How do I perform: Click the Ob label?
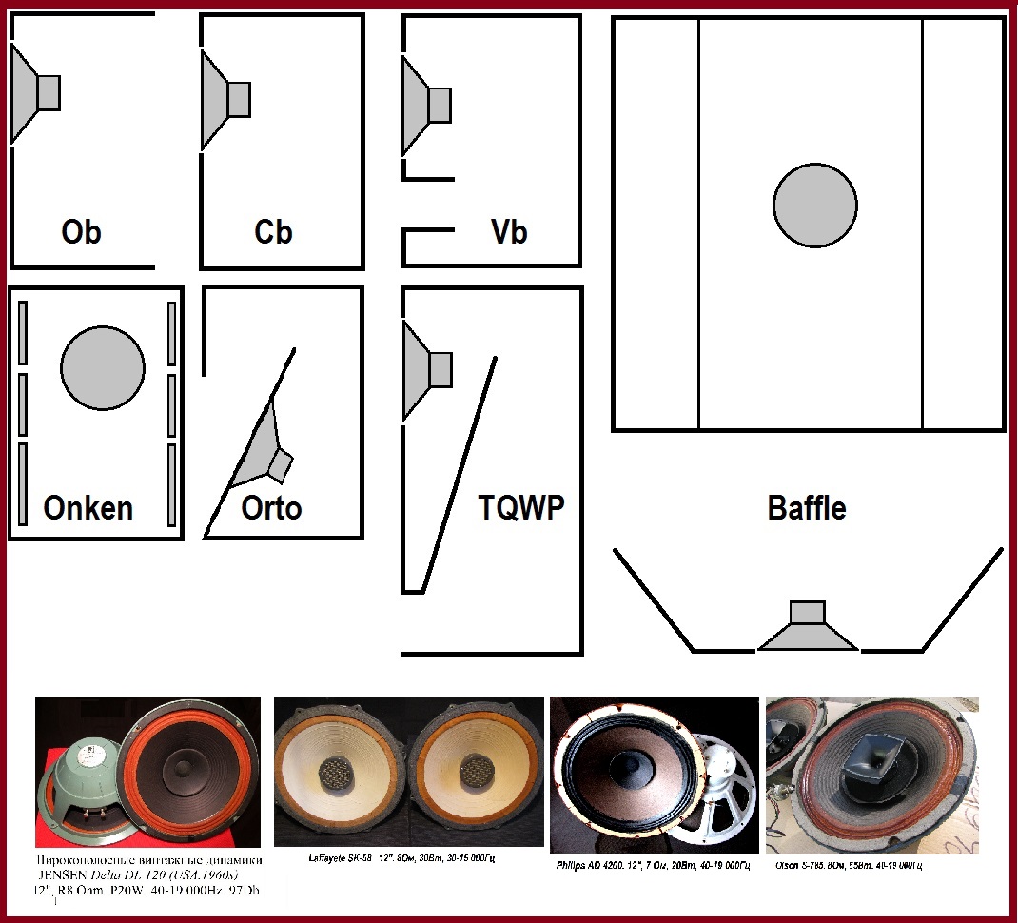(81, 232)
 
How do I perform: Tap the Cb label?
(274, 232)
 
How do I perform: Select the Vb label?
(508, 232)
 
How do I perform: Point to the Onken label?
(88, 507)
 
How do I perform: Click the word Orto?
(271, 507)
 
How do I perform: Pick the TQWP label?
(520, 507)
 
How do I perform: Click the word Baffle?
(807, 507)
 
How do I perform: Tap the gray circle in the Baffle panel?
(815, 205)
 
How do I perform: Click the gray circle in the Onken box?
(103, 368)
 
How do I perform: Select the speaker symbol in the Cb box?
(225, 100)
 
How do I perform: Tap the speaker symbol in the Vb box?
(426, 105)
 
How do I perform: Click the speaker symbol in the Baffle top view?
(808, 628)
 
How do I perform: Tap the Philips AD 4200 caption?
(655, 866)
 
